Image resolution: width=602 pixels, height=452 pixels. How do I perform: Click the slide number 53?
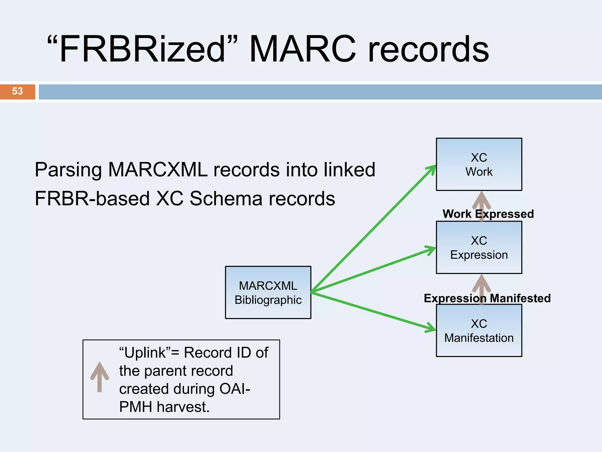point(17,91)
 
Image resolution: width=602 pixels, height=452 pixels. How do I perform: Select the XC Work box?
point(479,164)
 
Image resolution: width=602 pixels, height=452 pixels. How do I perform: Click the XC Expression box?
point(479,247)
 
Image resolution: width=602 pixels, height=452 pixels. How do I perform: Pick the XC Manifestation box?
point(479,330)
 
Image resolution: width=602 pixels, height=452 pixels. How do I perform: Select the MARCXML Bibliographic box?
point(268,293)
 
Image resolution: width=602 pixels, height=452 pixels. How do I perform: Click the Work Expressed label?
point(488,214)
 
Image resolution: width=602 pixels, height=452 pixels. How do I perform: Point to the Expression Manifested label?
point(487,298)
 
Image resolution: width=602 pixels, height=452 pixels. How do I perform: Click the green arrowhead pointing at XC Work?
point(432,169)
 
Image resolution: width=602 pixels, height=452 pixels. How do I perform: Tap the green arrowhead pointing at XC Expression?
point(431,250)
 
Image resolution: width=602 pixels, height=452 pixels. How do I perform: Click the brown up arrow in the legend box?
point(99,376)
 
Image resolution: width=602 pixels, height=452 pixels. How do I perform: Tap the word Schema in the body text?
point(226,199)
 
